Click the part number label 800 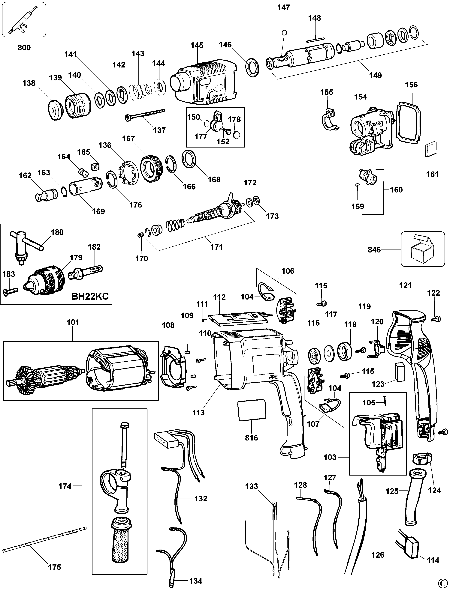click(24, 48)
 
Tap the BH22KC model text click(90, 296)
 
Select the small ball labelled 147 click(285, 33)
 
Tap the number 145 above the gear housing click(197, 45)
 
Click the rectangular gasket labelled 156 click(406, 121)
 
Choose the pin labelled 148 click(315, 41)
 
